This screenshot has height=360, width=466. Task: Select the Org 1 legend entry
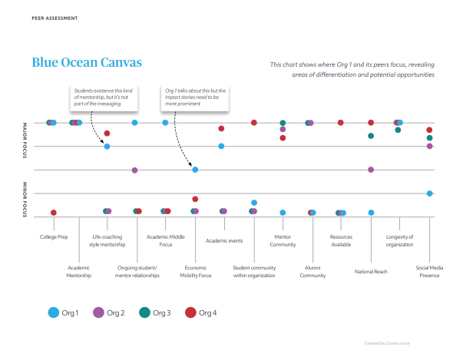(65, 312)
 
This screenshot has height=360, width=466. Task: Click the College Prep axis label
(54, 237)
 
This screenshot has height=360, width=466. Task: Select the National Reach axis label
(371, 271)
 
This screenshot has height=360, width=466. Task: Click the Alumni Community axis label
(312, 271)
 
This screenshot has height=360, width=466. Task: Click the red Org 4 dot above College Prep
(54, 213)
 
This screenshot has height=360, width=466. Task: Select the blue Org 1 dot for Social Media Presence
(430, 193)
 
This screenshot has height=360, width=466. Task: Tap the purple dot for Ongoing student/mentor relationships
(135, 170)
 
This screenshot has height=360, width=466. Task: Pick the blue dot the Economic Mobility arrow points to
(195, 170)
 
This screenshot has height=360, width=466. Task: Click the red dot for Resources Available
(341, 123)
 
